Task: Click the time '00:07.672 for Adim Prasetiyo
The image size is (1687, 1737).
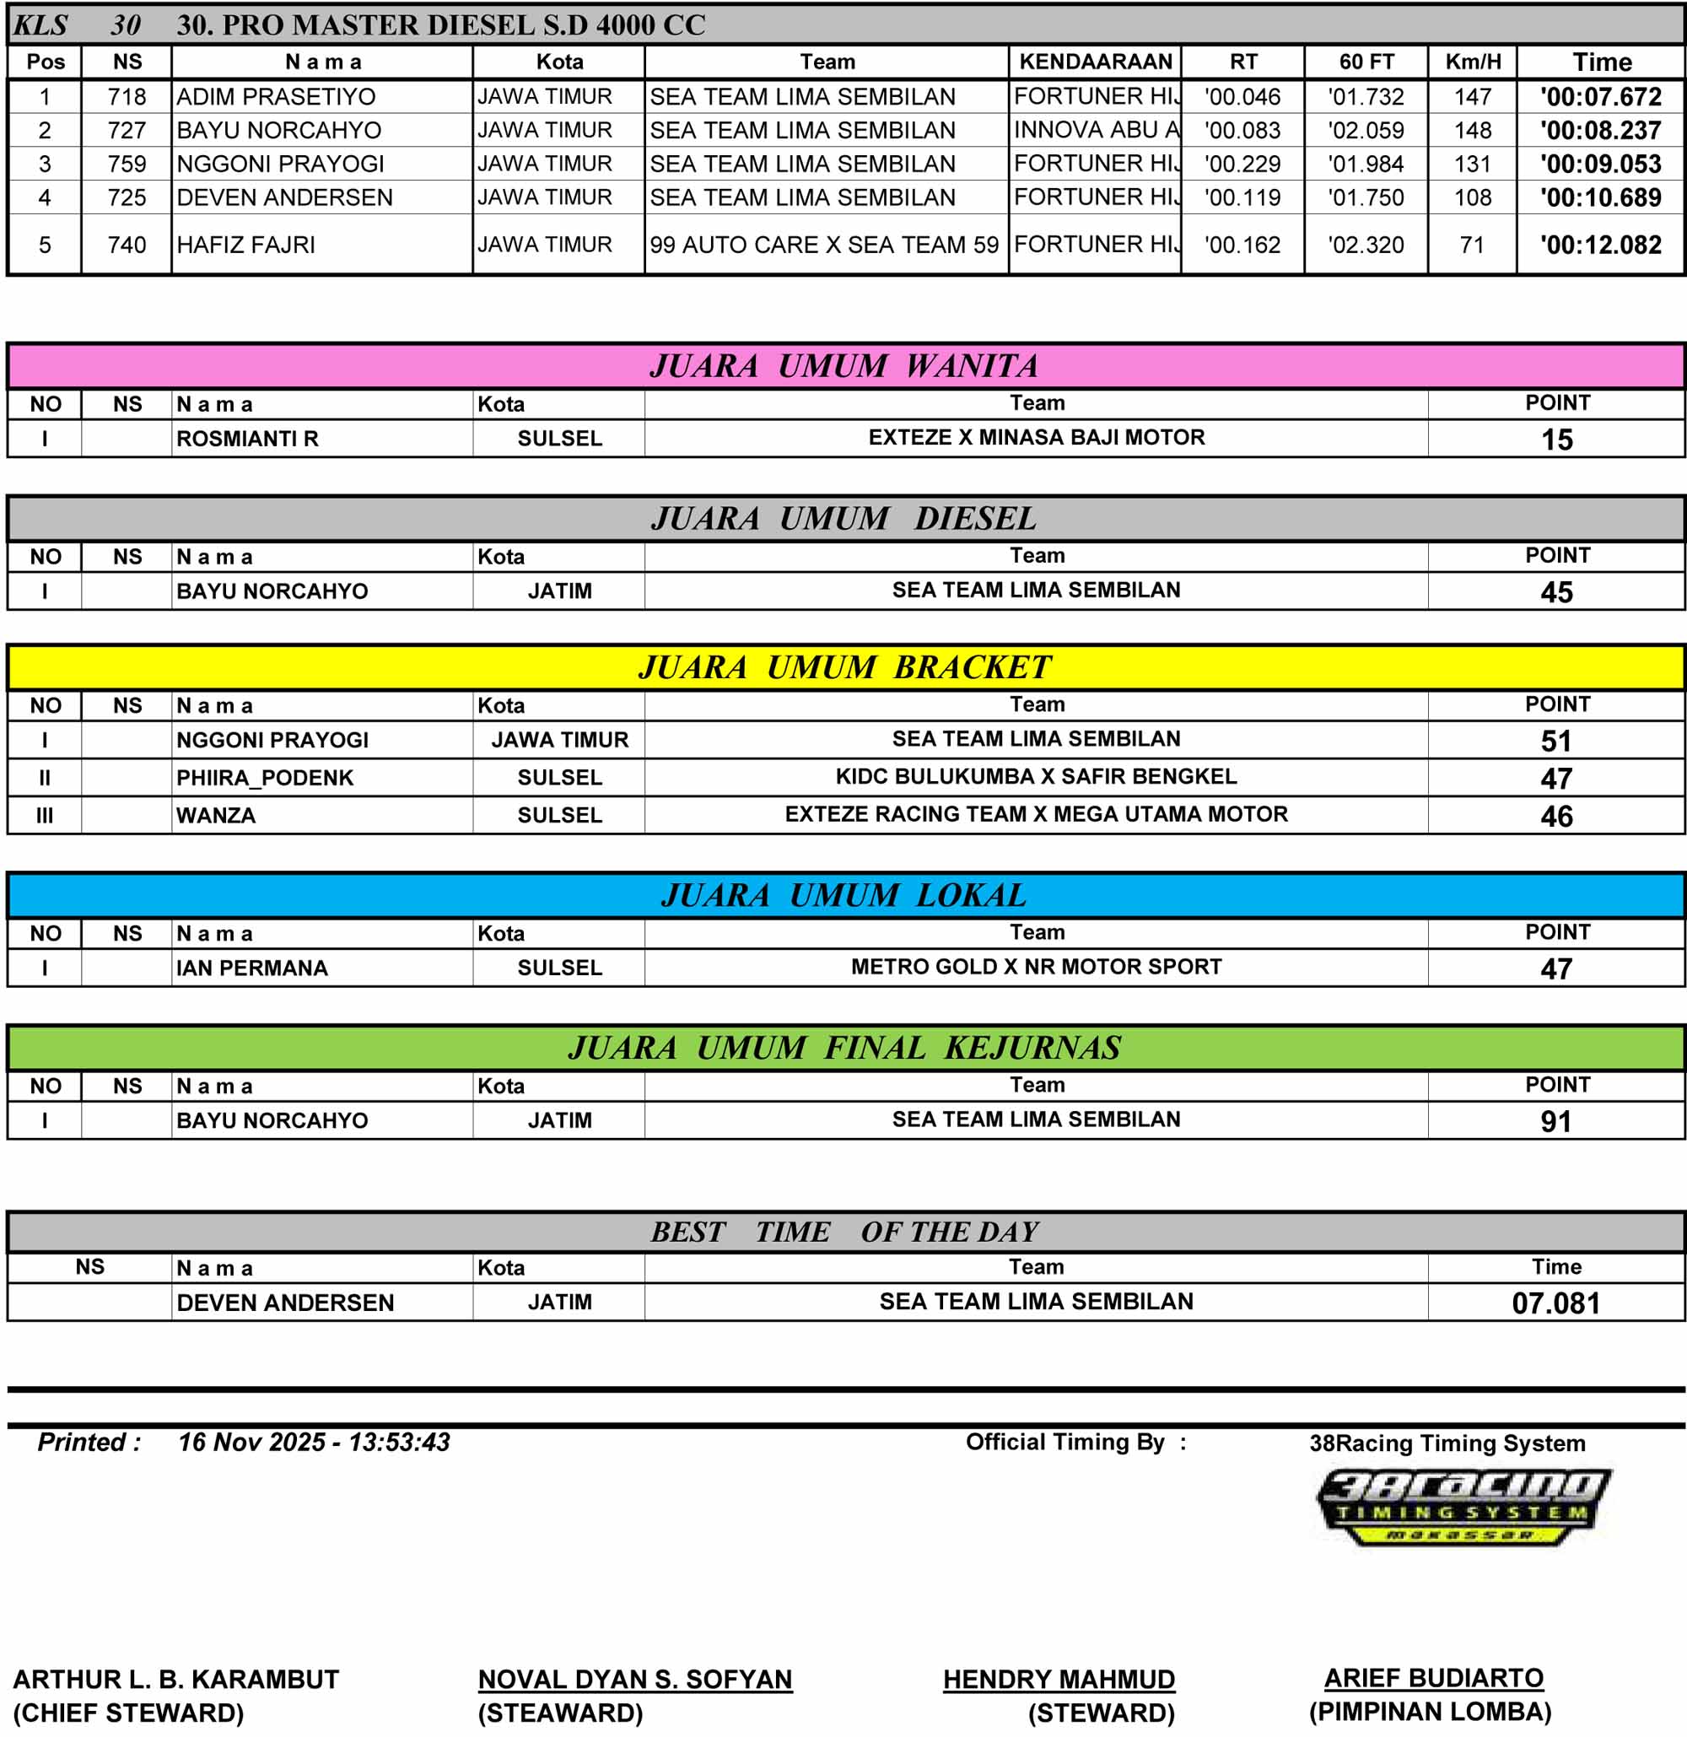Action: (x=1600, y=97)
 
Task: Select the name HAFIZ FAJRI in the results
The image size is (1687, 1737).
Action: (x=245, y=245)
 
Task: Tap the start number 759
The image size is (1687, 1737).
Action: (x=127, y=164)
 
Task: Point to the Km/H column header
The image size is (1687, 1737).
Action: (x=1473, y=62)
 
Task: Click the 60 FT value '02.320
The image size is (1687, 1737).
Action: (x=1366, y=245)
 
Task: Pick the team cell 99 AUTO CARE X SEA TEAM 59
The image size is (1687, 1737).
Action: (x=824, y=245)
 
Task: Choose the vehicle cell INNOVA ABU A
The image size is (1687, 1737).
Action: (x=1096, y=130)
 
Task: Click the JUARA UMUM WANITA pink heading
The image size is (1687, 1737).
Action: (x=843, y=366)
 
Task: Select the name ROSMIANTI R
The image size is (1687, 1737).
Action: (x=247, y=439)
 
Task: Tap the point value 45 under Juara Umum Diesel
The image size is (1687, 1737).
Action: (x=1557, y=592)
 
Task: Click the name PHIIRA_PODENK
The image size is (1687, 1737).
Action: (x=265, y=777)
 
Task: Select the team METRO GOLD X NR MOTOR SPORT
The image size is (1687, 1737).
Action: (x=1036, y=967)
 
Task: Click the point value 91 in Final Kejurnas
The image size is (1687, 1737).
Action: (x=1556, y=1121)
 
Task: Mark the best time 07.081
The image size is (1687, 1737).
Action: (x=1556, y=1303)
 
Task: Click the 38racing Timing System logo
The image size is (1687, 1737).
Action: (x=1463, y=1509)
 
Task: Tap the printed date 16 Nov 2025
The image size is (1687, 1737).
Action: (x=251, y=1443)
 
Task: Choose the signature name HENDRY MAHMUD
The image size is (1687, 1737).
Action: (x=1059, y=1679)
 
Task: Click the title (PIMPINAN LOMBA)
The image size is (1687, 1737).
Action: (x=1430, y=1712)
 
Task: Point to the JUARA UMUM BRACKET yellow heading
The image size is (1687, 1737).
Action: (x=843, y=667)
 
